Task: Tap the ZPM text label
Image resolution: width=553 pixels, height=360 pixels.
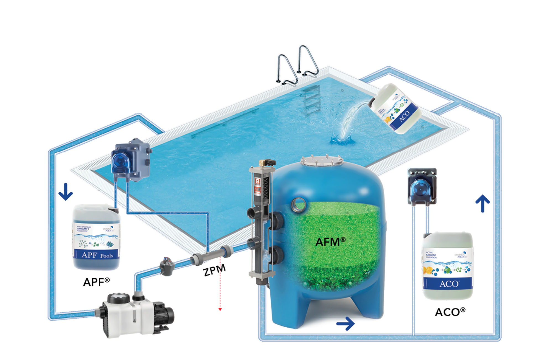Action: [x=215, y=270]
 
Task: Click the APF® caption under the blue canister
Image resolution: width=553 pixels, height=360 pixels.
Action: [x=96, y=282]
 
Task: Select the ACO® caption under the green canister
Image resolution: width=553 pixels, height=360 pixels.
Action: [x=450, y=312]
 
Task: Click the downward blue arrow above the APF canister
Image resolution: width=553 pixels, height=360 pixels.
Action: [x=66, y=191]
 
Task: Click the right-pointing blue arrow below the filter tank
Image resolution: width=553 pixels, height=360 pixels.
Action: [x=346, y=323]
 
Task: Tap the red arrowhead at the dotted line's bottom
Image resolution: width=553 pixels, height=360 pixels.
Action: [x=220, y=309]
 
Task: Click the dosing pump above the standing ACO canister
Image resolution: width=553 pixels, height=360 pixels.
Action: [x=422, y=187]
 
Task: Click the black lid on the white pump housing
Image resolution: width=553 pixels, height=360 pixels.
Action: [x=118, y=298]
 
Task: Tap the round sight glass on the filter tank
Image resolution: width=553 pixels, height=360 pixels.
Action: [x=299, y=204]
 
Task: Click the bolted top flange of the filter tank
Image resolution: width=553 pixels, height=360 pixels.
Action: [x=322, y=161]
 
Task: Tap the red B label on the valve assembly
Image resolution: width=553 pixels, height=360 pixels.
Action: [x=257, y=182]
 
